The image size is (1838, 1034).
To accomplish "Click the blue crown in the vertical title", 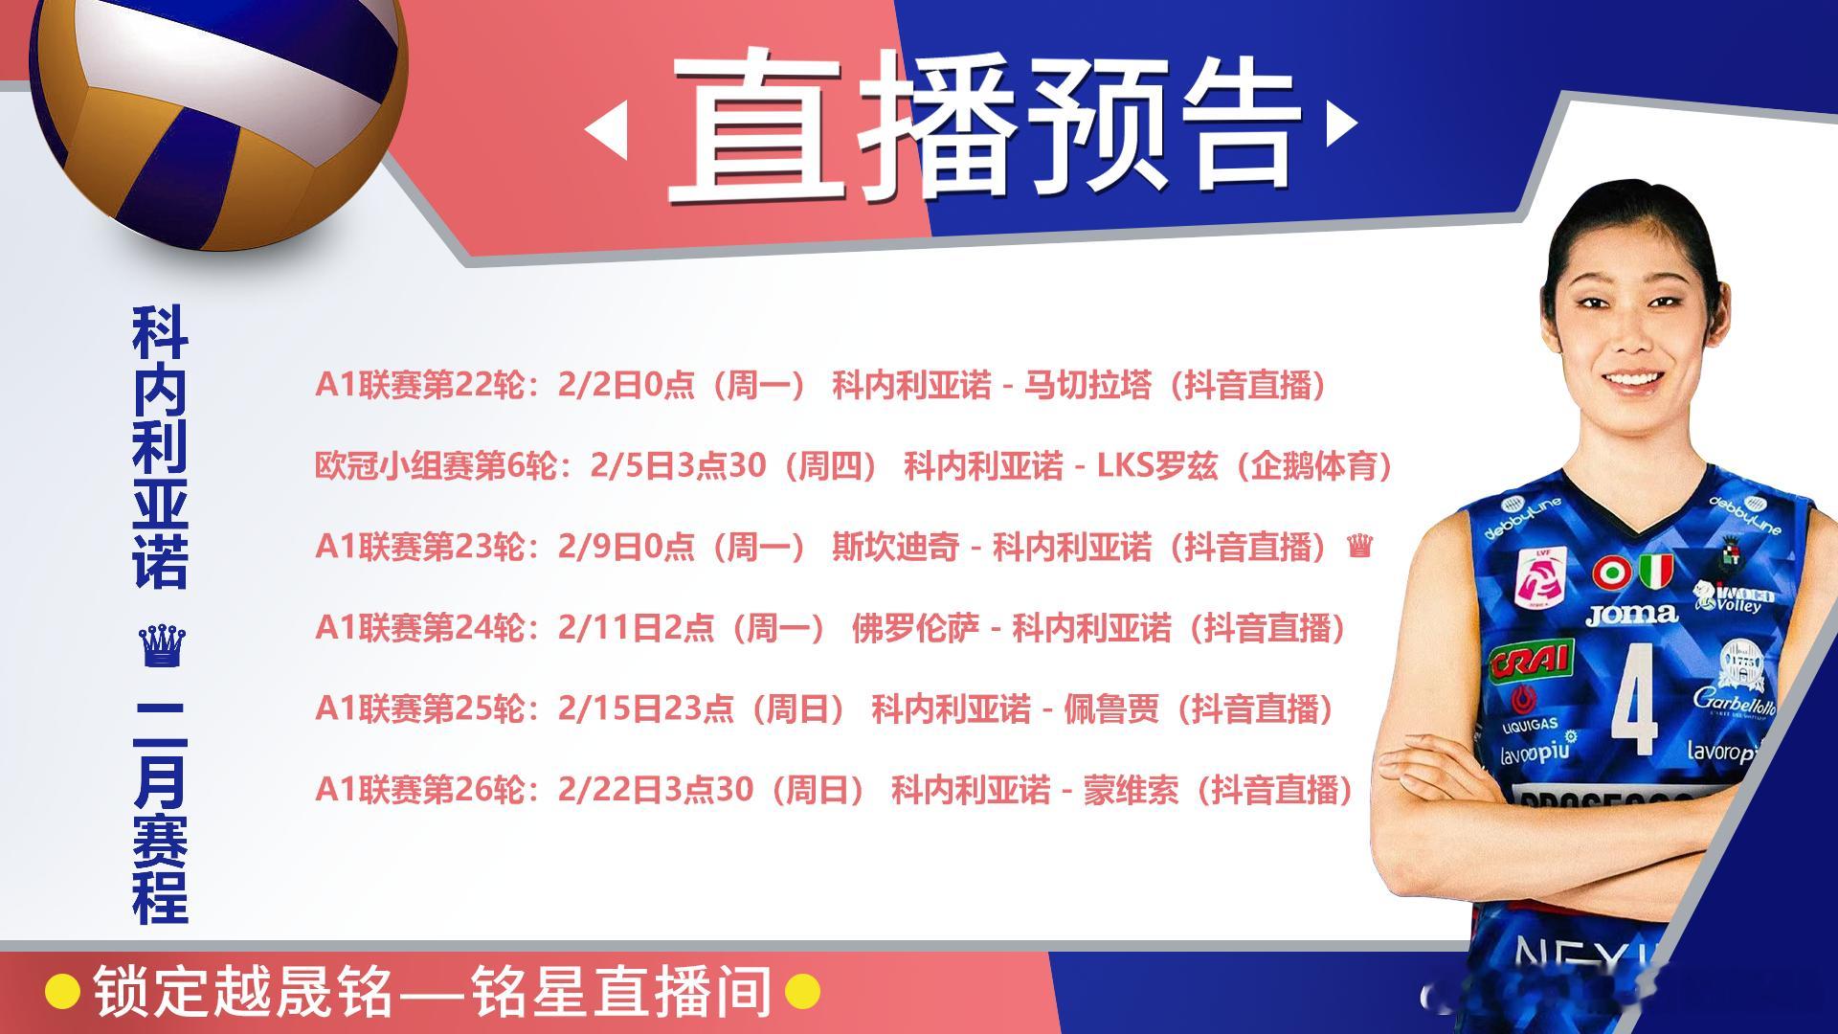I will pyautogui.click(x=162, y=647).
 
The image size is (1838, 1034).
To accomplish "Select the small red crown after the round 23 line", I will pyautogui.click(x=1359, y=547).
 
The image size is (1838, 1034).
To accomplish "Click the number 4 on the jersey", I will pyautogui.click(x=1633, y=697).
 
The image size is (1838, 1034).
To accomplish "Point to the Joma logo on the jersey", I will pyautogui.click(x=1631, y=614).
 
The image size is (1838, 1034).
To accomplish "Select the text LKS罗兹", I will pyautogui.click(x=1156, y=466).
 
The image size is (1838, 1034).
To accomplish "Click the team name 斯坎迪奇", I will pyautogui.click(x=895, y=547).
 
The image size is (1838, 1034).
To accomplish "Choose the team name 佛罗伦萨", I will pyautogui.click(x=915, y=628).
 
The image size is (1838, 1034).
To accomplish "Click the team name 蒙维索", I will pyautogui.click(x=1131, y=790).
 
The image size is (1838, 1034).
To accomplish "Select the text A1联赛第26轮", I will pyautogui.click(x=419, y=790).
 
